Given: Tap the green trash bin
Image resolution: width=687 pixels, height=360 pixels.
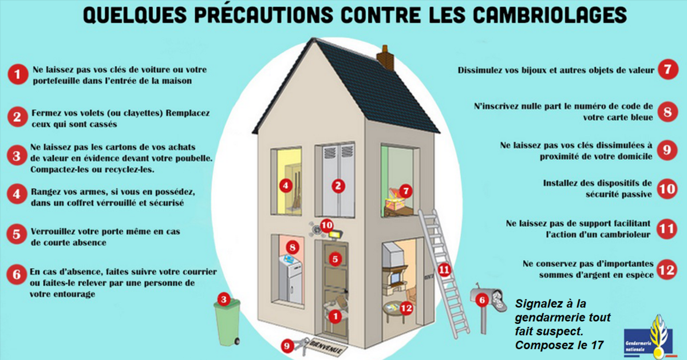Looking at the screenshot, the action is tap(227, 323).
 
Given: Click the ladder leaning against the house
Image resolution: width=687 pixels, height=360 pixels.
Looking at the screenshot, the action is tap(444, 273).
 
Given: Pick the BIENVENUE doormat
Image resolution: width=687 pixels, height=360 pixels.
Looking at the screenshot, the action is tap(329, 346).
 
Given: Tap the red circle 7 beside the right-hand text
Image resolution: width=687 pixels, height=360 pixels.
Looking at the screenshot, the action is tap(668, 70).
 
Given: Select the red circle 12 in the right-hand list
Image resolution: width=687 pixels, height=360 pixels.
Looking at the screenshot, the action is tap(667, 270).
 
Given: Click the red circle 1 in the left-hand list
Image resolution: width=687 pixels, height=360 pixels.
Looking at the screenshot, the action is tap(18, 74).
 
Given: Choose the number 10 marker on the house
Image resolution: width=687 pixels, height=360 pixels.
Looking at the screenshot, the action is tap(327, 226).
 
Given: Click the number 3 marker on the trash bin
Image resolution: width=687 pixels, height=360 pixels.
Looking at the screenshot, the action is tap(224, 299).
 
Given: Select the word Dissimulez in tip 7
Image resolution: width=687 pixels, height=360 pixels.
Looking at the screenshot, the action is tap(479, 70).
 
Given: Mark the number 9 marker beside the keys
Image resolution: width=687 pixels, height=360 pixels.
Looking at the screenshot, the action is tap(287, 346).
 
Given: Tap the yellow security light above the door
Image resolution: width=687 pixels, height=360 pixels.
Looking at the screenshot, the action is tap(336, 235).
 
